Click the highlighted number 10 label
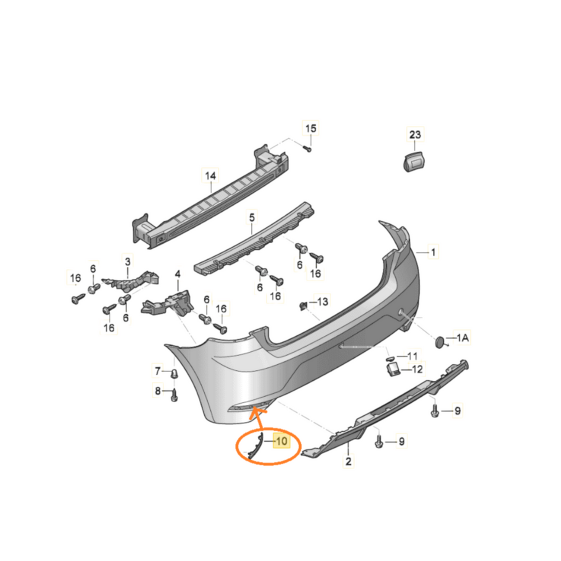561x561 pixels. [282, 441]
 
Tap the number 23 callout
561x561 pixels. [415, 135]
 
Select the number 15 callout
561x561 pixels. [311, 128]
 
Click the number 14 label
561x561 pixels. [210, 176]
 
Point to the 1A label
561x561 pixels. [462, 337]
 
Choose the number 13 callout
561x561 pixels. [322, 302]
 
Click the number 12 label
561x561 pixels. [417, 369]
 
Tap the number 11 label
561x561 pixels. [413, 356]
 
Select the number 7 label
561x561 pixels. [158, 371]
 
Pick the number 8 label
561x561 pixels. [158, 391]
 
